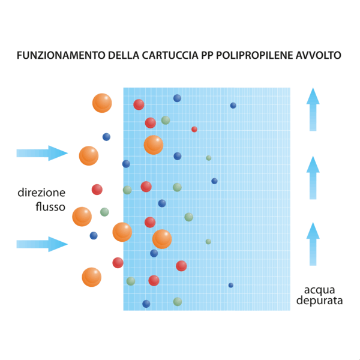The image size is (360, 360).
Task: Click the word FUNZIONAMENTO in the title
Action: (x=61, y=55)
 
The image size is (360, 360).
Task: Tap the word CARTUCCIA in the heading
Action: (x=170, y=55)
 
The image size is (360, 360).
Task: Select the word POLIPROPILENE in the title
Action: (x=254, y=55)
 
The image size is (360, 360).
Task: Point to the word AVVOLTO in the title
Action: (x=319, y=55)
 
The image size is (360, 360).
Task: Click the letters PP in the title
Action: (x=208, y=55)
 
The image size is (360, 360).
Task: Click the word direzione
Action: (x=41, y=193)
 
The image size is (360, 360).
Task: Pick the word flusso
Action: (x=50, y=206)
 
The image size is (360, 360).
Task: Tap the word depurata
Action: (x=319, y=301)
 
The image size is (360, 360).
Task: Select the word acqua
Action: (x=319, y=290)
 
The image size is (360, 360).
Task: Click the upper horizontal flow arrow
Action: (x=42, y=153)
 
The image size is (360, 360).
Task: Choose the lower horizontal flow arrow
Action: (x=42, y=244)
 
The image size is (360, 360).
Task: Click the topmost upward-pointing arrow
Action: (x=313, y=109)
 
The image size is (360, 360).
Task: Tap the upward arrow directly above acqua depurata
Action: (x=313, y=244)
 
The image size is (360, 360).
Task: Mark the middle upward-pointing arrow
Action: (x=313, y=178)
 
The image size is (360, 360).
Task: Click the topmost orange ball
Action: (x=102, y=103)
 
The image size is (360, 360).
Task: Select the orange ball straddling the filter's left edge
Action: (x=122, y=232)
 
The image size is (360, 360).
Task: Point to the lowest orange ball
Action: (x=92, y=277)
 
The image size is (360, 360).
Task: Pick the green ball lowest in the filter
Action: (x=178, y=302)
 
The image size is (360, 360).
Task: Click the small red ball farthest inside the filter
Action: (x=194, y=129)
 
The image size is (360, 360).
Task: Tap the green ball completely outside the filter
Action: (x=104, y=212)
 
